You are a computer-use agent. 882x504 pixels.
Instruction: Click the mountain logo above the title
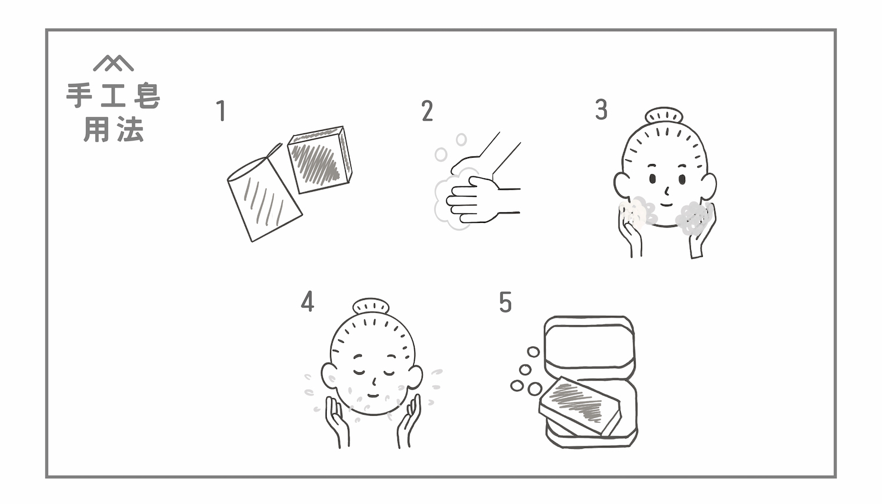pos(113,63)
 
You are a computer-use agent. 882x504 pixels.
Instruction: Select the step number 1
pos(221,111)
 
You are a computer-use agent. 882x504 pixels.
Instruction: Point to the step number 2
pos(427,111)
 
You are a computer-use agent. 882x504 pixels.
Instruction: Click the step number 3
pos(600,110)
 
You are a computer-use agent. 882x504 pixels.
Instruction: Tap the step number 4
pos(307,302)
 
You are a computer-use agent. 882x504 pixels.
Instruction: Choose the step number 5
pos(505,302)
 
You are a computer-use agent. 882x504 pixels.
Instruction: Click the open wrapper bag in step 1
pos(263,197)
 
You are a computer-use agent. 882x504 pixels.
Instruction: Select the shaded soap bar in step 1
pos(320,160)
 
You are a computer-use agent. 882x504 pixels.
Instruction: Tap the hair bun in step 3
pos(664,116)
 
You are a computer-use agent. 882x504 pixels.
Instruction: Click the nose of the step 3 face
pos(667,190)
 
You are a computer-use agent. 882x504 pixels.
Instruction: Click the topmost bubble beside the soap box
pos(533,352)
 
